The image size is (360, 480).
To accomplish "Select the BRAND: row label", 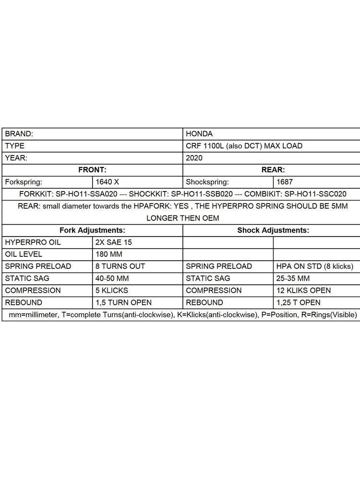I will pyautogui.click(x=19, y=134).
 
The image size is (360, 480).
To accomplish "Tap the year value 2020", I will pyautogui.click(x=194, y=158).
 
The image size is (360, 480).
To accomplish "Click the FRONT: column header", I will pyautogui.click(x=92, y=170).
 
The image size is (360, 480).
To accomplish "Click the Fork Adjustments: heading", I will pyautogui.click(x=92, y=230).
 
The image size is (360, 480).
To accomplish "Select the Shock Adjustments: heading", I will pyautogui.click(x=273, y=230).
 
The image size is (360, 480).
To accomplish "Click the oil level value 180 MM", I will pyautogui.click(x=109, y=254).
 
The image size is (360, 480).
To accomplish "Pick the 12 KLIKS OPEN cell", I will pyautogui.click(x=303, y=290).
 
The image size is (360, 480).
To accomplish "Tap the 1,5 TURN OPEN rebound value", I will pyautogui.click(x=124, y=302).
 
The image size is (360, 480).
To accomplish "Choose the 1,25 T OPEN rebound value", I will pyautogui.click(x=298, y=302).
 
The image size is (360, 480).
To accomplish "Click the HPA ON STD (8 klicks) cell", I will pyautogui.click(x=314, y=266).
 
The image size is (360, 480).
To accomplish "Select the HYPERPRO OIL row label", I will pyautogui.click(x=33, y=242).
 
